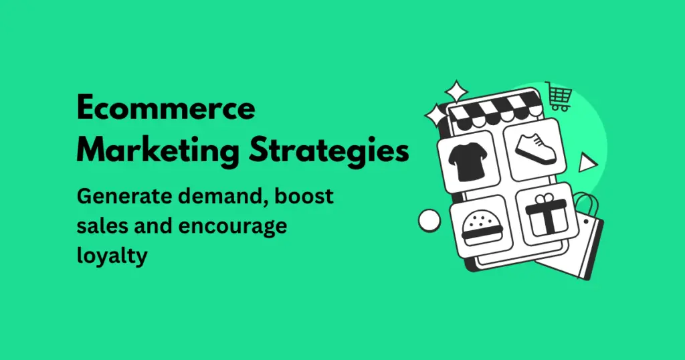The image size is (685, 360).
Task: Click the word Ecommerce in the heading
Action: pos(166,108)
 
